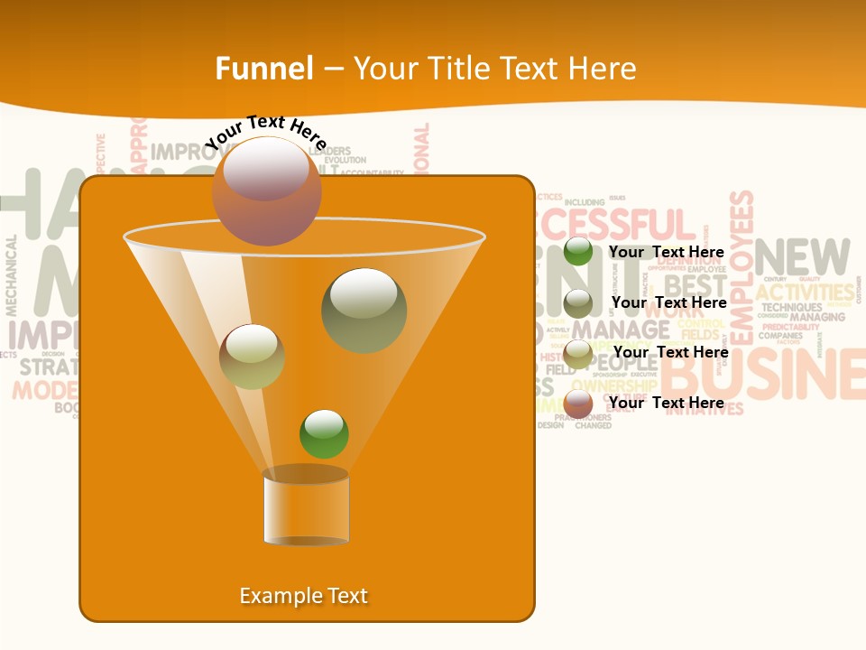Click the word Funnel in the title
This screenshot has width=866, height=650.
click(264, 69)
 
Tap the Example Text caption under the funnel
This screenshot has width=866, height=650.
click(304, 596)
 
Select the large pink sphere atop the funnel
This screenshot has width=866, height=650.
click(267, 191)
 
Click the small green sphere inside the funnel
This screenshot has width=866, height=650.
click(324, 433)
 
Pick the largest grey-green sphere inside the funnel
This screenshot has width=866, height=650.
click(364, 311)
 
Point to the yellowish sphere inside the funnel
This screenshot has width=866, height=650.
click(252, 357)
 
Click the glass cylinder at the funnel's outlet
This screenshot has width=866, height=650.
click(306, 507)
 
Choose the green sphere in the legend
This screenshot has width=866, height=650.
click(578, 252)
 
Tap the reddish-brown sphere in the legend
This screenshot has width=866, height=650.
click(578, 404)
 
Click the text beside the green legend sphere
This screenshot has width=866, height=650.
click(667, 252)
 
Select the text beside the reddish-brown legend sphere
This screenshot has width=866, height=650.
click(667, 403)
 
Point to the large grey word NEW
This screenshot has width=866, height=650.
click(803, 257)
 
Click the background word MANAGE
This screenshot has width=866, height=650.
click(621, 329)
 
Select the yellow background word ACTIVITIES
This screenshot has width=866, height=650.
click(805, 292)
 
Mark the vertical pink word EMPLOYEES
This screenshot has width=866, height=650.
click(742, 267)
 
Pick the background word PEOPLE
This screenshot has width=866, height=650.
click(622, 363)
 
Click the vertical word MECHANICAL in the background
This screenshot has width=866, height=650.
click(12, 275)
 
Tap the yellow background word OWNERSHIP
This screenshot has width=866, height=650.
click(613, 386)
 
